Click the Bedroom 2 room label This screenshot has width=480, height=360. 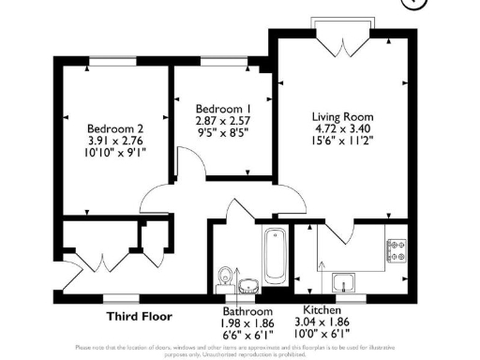pyautogui.click(x=115, y=128)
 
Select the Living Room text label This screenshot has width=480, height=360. pyautogui.click(x=342, y=117)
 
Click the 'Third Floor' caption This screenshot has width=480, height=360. pyautogui.click(x=137, y=316)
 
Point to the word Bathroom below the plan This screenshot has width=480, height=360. pyautogui.click(x=247, y=311)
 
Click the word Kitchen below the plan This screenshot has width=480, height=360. pyautogui.click(x=322, y=310)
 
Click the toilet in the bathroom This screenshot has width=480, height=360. pyautogui.click(x=226, y=277)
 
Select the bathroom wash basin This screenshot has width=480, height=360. pyautogui.click(x=248, y=284)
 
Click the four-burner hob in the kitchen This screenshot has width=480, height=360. pyautogui.click(x=396, y=250)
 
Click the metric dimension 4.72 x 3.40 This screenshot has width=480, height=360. pyautogui.click(x=342, y=131)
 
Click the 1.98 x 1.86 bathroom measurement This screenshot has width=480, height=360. pyautogui.click(x=247, y=322)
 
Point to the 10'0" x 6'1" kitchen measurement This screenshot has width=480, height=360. pyautogui.click(x=326, y=334)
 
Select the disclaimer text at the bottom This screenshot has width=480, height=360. pyautogui.click(x=240, y=351)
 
